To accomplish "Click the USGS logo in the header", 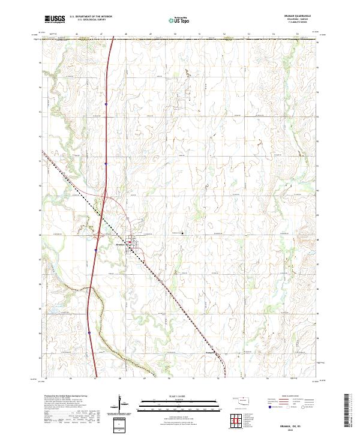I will (x=55, y=19).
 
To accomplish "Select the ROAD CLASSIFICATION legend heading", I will (x=290, y=397).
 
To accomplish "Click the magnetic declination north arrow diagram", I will (x=120, y=404).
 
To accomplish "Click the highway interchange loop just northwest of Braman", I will (x=107, y=200).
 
